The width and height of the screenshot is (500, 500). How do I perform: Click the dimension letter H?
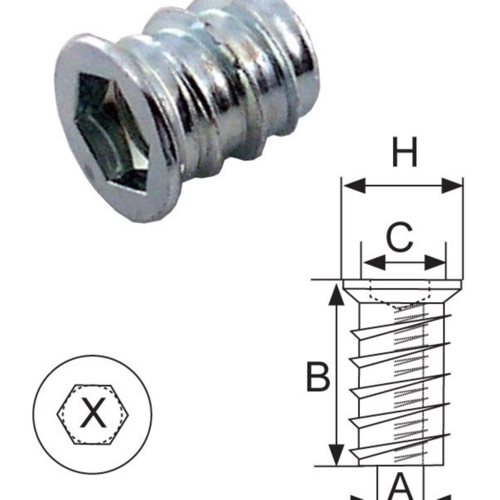[404, 154]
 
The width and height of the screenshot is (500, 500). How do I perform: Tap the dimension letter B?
[318, 377]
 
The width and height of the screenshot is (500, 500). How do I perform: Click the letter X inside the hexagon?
[92, 413]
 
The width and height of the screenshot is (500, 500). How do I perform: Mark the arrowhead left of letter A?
[362, 496]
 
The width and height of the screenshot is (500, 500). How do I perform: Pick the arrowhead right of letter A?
[440, 496]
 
